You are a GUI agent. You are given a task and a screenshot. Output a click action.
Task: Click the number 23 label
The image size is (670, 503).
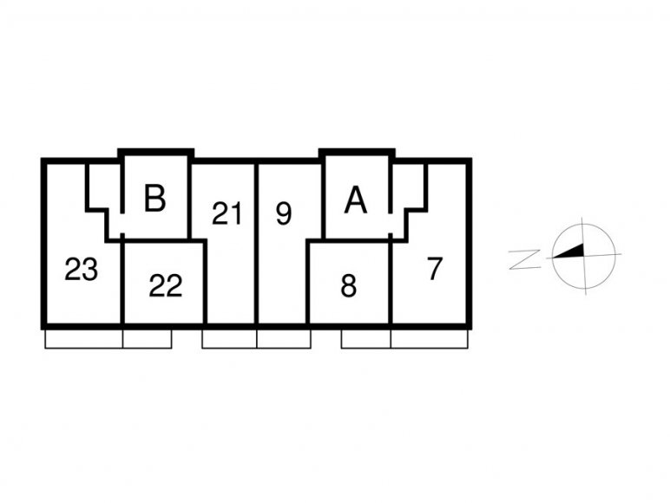tap(82, 270)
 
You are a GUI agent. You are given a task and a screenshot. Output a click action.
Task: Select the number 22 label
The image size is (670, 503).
tap(166, 285)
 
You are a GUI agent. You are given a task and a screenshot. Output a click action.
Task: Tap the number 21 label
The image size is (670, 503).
tap(227, 213)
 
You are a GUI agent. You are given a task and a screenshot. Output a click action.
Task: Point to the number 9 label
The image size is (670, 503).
tap(284, 213)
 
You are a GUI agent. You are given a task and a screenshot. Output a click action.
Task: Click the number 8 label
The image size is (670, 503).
tap(349, 285)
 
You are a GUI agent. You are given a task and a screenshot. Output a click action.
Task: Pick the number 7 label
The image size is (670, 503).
tap(435, 269)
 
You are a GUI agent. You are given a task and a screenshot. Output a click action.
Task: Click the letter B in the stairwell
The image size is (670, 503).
tap(154, 198)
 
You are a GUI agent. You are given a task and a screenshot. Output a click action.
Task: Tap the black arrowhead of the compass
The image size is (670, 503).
tap(568, 251)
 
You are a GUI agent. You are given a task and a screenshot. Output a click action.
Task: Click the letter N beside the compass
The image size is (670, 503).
tap(524, 260)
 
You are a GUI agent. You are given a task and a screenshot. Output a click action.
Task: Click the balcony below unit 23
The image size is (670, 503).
tap(83, 339)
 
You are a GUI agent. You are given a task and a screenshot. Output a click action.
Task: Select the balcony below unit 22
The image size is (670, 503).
tap(148, 339)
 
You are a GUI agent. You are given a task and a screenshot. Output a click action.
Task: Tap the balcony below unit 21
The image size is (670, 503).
tap(229, 339)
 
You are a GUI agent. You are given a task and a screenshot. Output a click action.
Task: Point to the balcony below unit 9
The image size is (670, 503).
tap(284, 339)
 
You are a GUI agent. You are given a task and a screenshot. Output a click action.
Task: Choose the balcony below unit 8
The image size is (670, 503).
tap(365, 339)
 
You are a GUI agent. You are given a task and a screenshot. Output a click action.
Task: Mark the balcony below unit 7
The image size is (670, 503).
tap(430, 339)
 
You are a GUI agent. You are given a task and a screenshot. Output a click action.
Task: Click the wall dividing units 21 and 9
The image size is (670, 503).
tap(257, 244)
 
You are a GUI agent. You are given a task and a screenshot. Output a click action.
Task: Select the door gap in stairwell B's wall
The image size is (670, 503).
tap(122, 223)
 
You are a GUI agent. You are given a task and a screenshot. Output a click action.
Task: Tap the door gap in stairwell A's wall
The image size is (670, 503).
tap(391, 223)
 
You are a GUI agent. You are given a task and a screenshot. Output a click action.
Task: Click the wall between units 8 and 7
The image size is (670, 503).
tap(391, 283)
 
